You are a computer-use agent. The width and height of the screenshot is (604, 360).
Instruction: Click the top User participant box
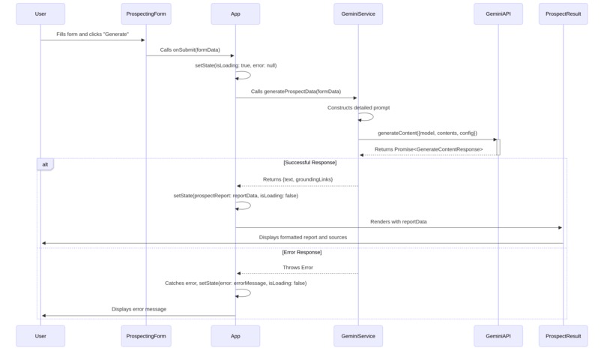(x=40, y=13)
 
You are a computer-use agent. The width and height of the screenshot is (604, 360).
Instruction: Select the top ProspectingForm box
(x=146, y=13)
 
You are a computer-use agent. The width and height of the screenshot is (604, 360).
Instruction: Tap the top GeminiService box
(x=358, y=13)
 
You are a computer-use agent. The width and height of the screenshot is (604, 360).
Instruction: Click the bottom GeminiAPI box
(x=498, y=336)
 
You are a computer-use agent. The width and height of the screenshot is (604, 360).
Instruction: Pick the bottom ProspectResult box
(x=563, y=336)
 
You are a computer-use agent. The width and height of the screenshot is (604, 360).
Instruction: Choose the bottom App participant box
(x=235, y=336)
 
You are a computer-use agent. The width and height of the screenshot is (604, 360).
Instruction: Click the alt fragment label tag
(x=45, y=164)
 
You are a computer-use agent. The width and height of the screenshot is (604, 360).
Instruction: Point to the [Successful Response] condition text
(x=309, y=163)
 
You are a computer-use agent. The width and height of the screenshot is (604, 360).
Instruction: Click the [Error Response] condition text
(x=302, y=252)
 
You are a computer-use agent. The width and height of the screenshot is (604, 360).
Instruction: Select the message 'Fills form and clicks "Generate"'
(x=92, y=34)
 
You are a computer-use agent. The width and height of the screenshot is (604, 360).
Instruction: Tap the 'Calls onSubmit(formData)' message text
(x=190, y=50)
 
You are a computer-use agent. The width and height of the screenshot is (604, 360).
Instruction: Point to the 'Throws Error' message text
(x=298, y=268)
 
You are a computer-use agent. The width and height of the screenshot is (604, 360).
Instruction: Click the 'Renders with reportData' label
(x=398, y=222)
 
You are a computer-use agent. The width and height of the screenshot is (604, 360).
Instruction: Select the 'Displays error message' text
(x=139, y=309)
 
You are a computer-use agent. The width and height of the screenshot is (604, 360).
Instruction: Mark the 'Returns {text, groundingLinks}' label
(x=298, y=179)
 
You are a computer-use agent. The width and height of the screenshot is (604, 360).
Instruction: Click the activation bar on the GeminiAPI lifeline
(x=498, y=147)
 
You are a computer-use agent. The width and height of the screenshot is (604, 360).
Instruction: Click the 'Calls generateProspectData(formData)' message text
(x=295, y=91)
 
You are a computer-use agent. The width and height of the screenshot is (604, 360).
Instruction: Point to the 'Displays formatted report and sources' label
(x=303, y=238)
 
